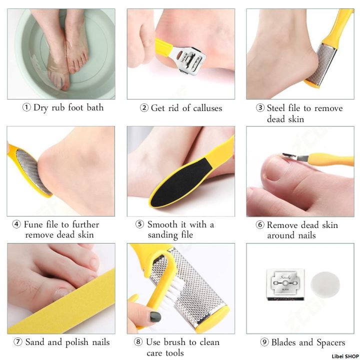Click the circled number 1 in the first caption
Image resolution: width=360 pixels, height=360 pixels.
coord(26,108)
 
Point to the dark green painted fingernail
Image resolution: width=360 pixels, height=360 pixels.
coord(155,316)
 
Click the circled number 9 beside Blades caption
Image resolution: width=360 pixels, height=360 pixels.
coord(264,342)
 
